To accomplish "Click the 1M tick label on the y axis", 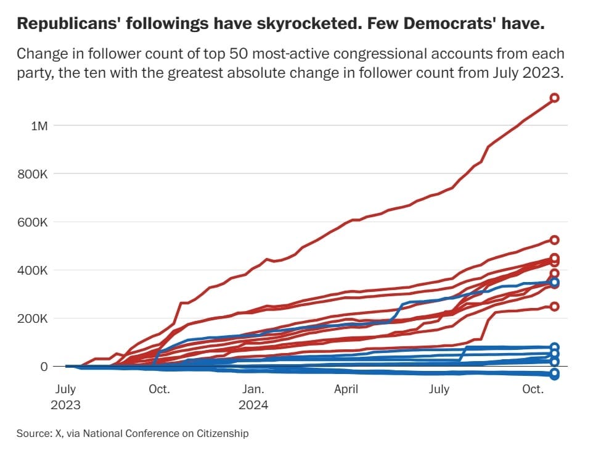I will click(x=39, y=126).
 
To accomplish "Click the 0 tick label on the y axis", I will click(x=44, y=367).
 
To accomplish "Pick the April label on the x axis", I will click(x=346, y=389).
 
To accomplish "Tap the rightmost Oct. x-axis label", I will click(x=533, y=389).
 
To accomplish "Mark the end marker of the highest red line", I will click(x=554, y=98).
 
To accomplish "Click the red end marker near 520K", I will click(x=554, y=239).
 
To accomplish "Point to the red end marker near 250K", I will click(x=554, y=306).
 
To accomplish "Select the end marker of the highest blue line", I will click(x=554, y=283).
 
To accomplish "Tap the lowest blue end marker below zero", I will click(x=554, y=375).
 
